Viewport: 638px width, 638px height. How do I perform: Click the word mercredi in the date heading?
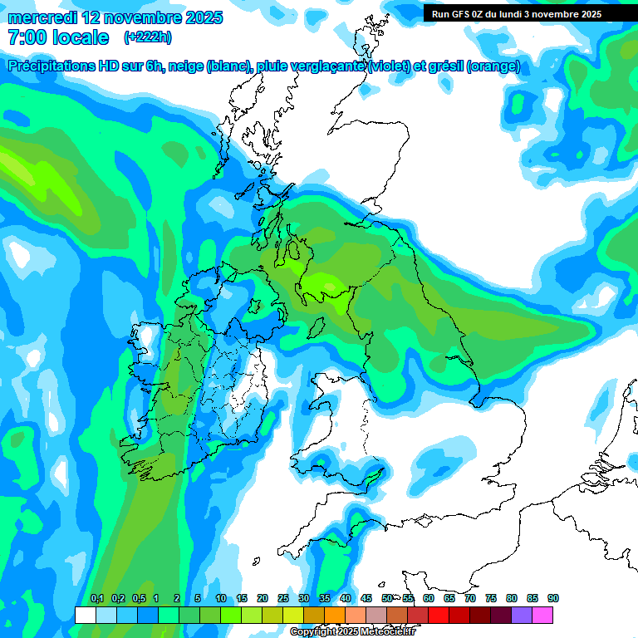point(40,17)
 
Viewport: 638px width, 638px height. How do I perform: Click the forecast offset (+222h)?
point(148,37)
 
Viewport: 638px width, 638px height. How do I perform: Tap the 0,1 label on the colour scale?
point(96,599)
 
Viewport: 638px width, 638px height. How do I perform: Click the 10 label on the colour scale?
point(221,599)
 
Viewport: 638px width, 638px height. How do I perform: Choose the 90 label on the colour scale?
point(553,599)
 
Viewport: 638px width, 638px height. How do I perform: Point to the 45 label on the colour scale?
point(366,599)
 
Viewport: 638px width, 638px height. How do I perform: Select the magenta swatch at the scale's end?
point(542,615)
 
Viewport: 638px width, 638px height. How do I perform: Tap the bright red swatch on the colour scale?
point(439,615)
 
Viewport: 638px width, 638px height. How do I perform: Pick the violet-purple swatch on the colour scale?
point(522,615)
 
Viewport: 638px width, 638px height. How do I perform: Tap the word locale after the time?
point(80,37)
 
